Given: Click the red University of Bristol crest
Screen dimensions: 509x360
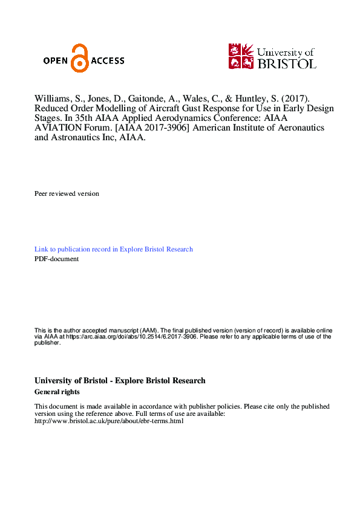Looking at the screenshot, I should pyautogui.click(x=241, y=56).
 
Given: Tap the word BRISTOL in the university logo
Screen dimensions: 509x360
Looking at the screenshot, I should pyautogui.click(x=286, y=63).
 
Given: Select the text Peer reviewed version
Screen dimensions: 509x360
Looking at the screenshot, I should pyautogui.click(x=67, y=193).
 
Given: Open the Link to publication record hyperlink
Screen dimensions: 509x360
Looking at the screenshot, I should pyautogui.click(x=114, y=249).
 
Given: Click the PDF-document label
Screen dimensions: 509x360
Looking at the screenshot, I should pyautogui.click(x=56, y=259).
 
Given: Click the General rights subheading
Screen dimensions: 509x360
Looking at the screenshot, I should pyautogui.click(x=57, y=392).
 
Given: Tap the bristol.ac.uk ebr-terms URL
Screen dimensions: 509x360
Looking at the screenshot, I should pyautogui.click(x=109, y=421).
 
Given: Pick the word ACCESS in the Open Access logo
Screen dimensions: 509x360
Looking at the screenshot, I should pyautogui.click(x=108, y=60).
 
